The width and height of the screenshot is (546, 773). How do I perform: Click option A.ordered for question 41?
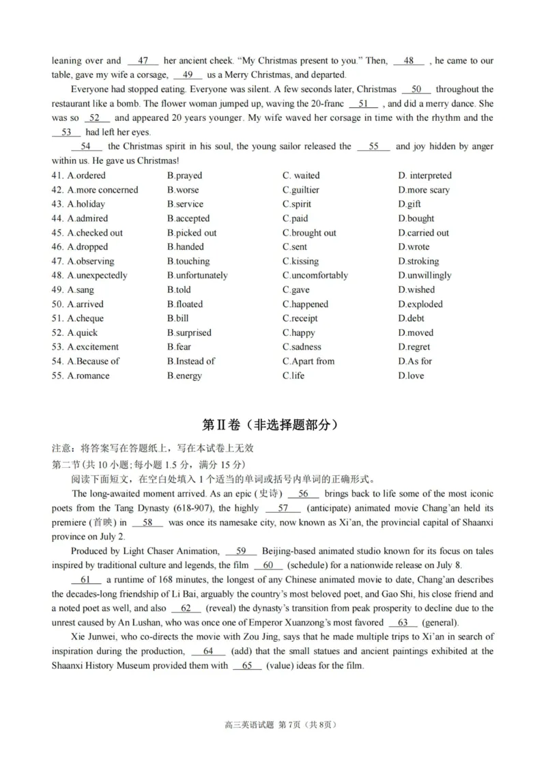(x=86, y=175)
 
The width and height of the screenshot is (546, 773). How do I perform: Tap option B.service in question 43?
(x=185, y=204)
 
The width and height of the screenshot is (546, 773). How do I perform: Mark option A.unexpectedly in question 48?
(x=97, y=276)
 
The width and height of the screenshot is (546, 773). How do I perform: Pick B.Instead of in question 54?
(x=190, y=362)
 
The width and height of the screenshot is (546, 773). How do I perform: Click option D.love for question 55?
(x=411, y=376)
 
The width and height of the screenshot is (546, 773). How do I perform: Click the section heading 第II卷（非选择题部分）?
(x=272, y=424)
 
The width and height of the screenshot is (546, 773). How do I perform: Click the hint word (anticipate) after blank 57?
(x=334, y=508)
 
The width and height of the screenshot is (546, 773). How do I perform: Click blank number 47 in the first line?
(x=143, y=61)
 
